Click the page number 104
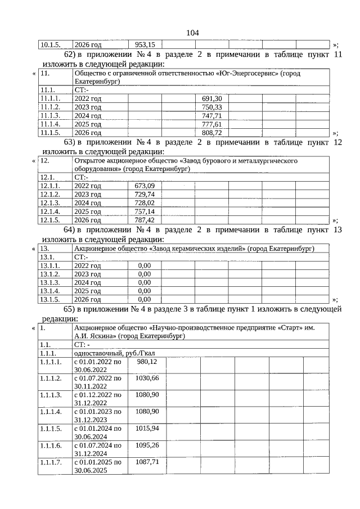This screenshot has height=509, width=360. click(193, 33)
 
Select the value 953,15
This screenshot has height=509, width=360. click(145, 44)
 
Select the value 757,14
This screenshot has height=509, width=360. click(145, 211)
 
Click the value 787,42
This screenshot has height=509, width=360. click(145, 220)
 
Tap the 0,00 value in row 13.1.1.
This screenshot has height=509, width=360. click(145, 265)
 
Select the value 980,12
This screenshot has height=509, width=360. click(146, 362)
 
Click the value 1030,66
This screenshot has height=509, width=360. click(147, 378)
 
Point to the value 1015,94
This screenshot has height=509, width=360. click(147, 429)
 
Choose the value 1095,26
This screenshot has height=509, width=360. click(147, 445)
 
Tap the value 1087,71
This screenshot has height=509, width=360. click(147, 462)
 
